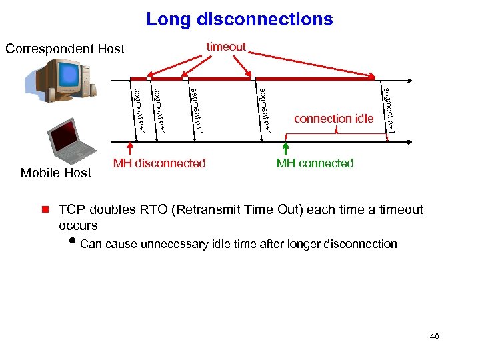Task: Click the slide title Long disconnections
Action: (x=239, y=19)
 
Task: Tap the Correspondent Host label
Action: (x=65, y=49)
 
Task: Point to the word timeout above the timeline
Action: (x=226, y=47)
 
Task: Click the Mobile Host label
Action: (x=56, y=173)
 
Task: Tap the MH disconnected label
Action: (x=159, y=163)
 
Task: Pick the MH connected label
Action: (x=315, y=163)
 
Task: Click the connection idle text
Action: (x=334, y=119)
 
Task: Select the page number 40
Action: (x=435, y=337)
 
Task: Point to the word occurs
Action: (x=78, y=225)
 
